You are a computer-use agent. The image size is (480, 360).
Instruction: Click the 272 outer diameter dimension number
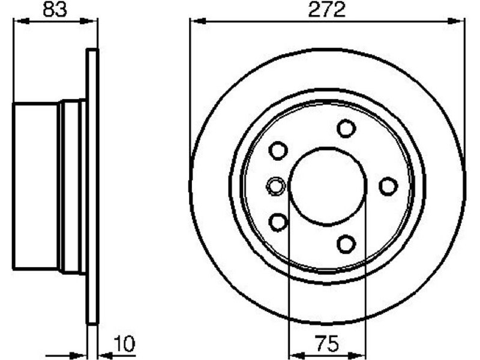click(x=327, y=10)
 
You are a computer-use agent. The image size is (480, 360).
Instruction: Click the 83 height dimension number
click(x=55, y=10)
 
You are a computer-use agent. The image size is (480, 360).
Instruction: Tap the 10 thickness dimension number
click(x=124, y=344)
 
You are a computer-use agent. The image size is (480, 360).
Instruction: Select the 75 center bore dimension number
click(x=327, y=344)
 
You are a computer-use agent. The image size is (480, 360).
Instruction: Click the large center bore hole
click(x=328, y=187)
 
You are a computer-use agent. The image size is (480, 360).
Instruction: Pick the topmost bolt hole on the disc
click(x=346, y=128)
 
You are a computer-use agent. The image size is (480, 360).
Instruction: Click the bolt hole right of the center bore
click(x=388, y=187)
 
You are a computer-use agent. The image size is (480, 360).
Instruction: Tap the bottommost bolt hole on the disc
click(x=346, y=244)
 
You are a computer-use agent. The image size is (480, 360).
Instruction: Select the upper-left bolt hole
click(x=278, y=151)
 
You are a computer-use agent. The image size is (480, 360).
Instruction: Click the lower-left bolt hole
click(x=278, y=222)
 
